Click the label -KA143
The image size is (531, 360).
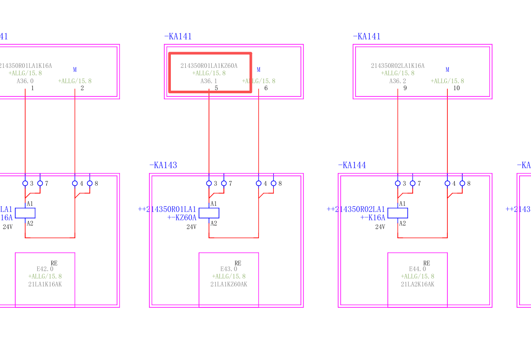pos(163,165)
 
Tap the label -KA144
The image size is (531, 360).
pos(352,165)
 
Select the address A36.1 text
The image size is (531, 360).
pos(209,81)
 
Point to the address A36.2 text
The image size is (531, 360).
pos(397,81)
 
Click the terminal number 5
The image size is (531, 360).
pos(216,88)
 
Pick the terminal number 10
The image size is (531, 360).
pos(457,88)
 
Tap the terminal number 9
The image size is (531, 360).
pos(405,88)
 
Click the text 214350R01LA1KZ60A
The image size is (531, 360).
pos(209,66)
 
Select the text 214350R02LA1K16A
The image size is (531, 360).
pos(397,66)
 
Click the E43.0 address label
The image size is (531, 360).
pos(229,269)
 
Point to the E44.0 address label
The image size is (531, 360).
pos(418,269)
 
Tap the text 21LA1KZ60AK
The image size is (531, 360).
pos(229,284)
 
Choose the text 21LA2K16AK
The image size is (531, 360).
pos(418,284)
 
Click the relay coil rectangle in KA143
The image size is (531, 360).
pos(209,213)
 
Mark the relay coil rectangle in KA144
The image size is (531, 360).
pos(398,213)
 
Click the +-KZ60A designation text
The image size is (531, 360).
pos(182,217)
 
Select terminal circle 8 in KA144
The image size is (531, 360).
pos(462,184)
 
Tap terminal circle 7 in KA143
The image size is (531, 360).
pos(224,184)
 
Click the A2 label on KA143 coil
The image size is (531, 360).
pos(214,223)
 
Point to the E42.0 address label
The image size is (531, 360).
pos(45,269)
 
